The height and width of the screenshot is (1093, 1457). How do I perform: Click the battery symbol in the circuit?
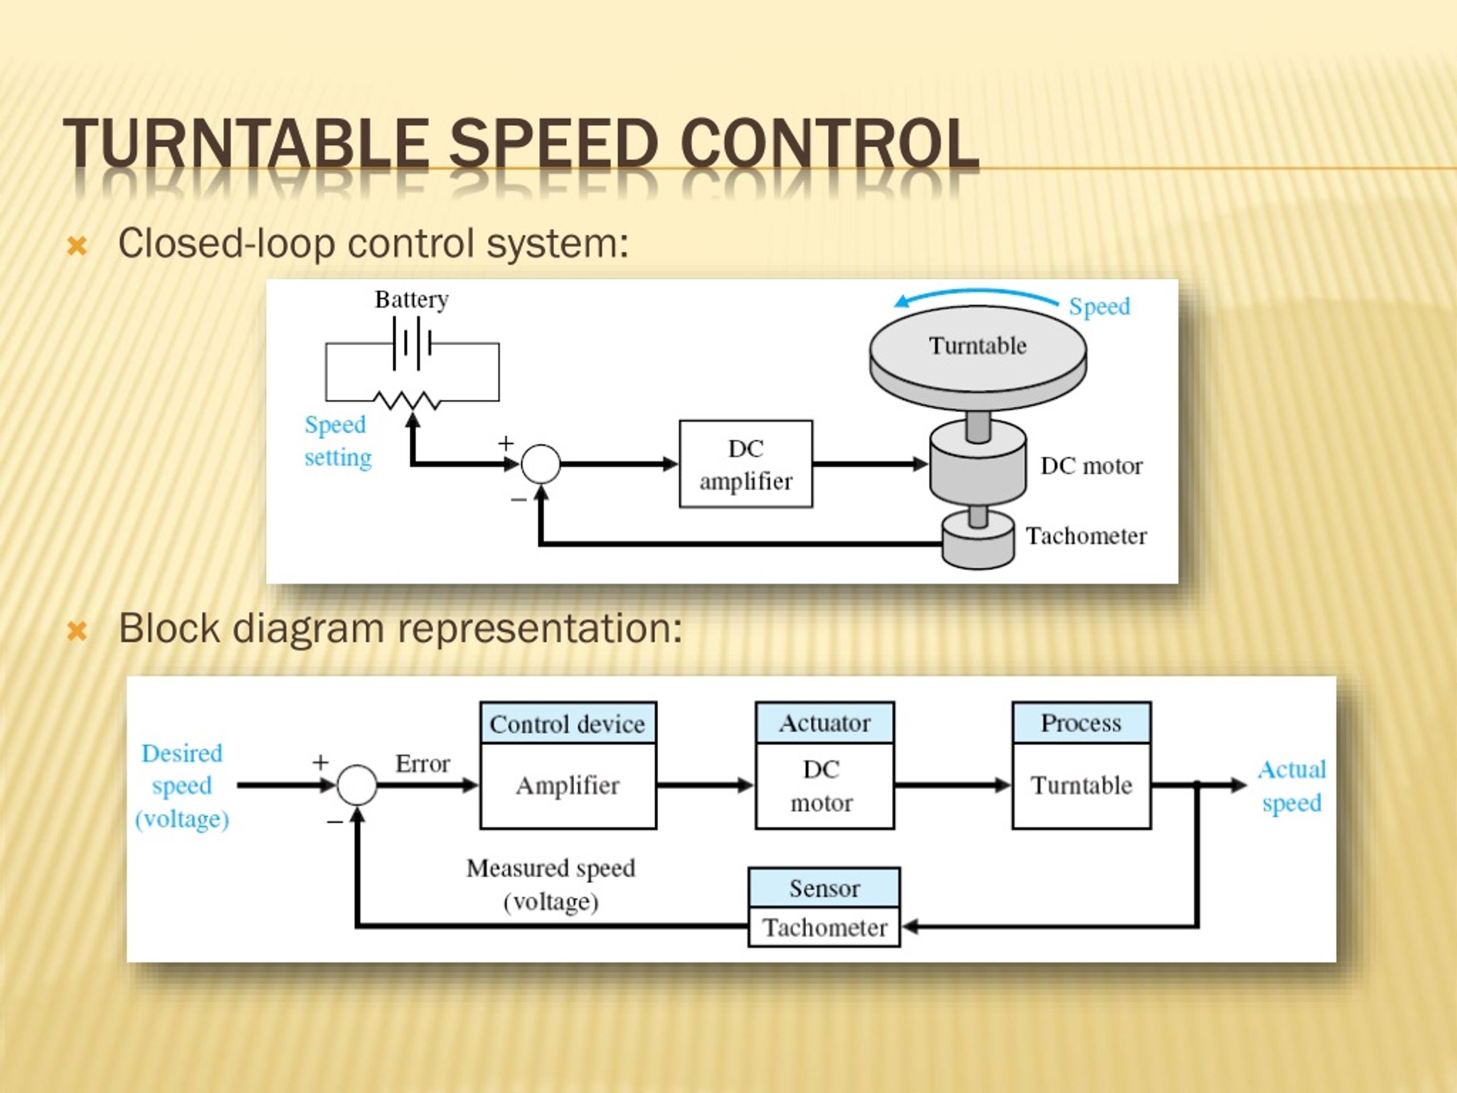coord(411,343)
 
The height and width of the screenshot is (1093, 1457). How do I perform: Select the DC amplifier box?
coord(746,464)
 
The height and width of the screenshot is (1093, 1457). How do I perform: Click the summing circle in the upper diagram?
coord(541,464)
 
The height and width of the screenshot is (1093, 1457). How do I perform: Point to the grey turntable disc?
coord(978,359)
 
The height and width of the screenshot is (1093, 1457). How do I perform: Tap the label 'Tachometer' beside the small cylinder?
coord(1086,536)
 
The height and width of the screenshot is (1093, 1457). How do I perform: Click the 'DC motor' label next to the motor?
coord(1092,466)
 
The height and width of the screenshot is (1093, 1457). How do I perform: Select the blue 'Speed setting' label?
coord(338,441)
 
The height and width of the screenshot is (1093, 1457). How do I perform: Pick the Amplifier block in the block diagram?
coord(568,786)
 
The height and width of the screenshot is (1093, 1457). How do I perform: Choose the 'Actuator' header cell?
coord(825,723)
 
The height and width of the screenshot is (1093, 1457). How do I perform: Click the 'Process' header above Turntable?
coord(1081,723)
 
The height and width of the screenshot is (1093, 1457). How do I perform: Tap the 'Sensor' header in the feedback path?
coord(825,888)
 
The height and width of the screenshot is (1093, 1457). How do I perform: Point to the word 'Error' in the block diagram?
coord(422,763)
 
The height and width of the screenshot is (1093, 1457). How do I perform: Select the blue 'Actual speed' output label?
coord(1292,786)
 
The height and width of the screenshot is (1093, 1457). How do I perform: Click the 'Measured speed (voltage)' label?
coord(551,884)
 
